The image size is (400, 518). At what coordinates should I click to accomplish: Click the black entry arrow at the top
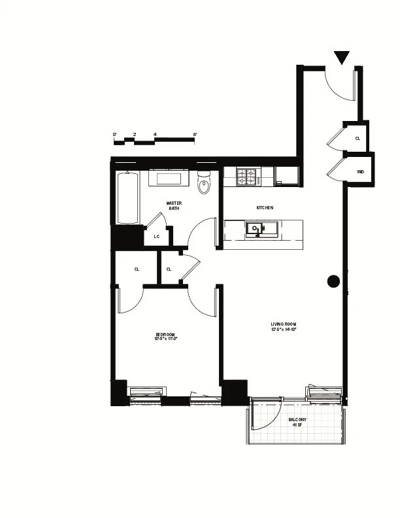click(341, 58)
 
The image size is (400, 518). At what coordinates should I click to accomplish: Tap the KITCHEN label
click(264, 207)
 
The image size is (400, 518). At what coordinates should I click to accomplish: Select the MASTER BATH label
click(174, 205)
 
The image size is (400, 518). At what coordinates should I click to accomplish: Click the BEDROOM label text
click(166, 334)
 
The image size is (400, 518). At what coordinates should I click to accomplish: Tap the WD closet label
click(360, 171)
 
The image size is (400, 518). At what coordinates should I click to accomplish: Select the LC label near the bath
click(157, 237)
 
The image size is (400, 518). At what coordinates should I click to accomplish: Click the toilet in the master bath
click(204, 183)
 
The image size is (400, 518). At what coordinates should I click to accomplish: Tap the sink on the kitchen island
click(254, 228)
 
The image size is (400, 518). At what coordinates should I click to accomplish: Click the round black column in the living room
click(333, 281)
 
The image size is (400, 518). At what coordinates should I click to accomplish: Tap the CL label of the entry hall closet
click(358, 139)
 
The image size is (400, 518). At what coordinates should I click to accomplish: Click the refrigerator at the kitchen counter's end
click(286, 175)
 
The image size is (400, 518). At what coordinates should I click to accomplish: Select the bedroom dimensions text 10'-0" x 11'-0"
click(166, 339)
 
